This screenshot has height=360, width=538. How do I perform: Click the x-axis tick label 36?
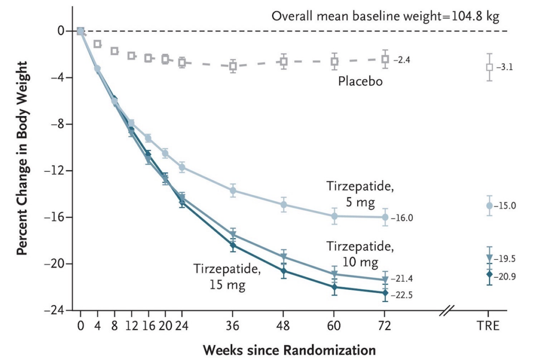pyautogui.click(x=233, y=326)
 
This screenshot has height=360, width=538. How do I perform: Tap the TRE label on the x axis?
pyautogui.click(x=489, y=326)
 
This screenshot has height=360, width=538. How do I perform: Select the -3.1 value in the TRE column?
pyautogui.click(x=505, y=68)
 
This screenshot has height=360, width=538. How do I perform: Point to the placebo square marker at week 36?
pyautogui.click(x=233, y=66)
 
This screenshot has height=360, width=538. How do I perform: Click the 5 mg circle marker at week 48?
pyautogui.click(x=284, y=204)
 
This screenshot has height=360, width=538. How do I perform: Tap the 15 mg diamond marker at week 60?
pyautogui.click(x=334, y=287)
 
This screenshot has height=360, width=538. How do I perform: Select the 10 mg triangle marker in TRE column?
pyautogui.click(x=489, y=258)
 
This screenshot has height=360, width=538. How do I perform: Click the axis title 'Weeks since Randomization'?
pyautogui.click(x=289, y=349)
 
